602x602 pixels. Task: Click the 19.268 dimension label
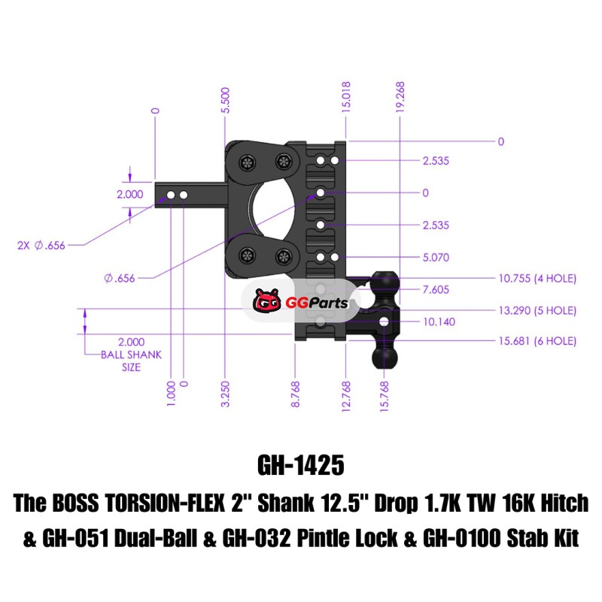[400, 97]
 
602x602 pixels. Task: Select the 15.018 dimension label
[346, 97]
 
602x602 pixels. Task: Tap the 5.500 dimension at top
[225, 100]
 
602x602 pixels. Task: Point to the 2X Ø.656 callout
[41, 245]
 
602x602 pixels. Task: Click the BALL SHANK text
[131, 354]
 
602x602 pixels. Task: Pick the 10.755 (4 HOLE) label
[537, 278]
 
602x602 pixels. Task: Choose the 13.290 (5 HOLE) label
[537, 310]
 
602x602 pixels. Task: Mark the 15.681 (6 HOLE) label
[537, 341]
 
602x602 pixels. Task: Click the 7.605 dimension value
[436, 290]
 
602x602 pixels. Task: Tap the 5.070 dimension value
[436, 257]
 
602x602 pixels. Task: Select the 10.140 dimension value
[439, 322]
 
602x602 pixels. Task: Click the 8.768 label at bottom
[295, 394]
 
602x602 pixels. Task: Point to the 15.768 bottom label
[385, 397]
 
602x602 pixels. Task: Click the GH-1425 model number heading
[300, 465]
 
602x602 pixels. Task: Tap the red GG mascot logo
[267, 300]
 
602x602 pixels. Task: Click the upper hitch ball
[385, 284]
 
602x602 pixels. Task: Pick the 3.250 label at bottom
[225, 394]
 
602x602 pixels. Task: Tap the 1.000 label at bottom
[172, 393]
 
